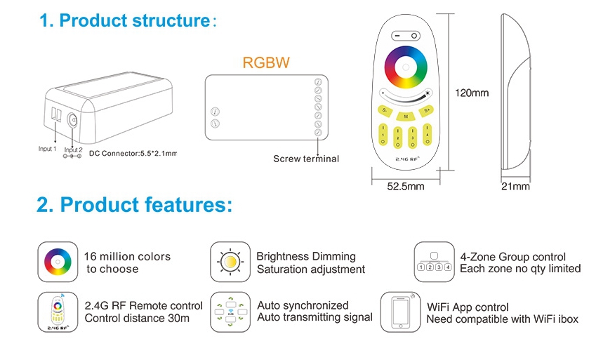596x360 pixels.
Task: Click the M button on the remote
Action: [406, 116]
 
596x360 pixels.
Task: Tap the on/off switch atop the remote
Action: [405, 35]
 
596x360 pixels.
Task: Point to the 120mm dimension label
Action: [472, 93]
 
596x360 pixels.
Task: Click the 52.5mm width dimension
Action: [406, 187]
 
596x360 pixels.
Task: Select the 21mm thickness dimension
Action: [516, 187]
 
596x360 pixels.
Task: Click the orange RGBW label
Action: [265, 62]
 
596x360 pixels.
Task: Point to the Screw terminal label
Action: [305, 159]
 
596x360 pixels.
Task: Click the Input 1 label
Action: [48, 149]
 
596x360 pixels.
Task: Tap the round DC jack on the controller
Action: [74, 119]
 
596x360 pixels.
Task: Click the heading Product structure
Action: [125, 20]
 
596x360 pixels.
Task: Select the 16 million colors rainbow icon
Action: [58, 261]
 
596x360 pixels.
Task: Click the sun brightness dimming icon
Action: [230, 261]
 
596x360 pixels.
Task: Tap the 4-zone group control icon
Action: [433, 261]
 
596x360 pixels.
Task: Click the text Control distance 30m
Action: [137, 319]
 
